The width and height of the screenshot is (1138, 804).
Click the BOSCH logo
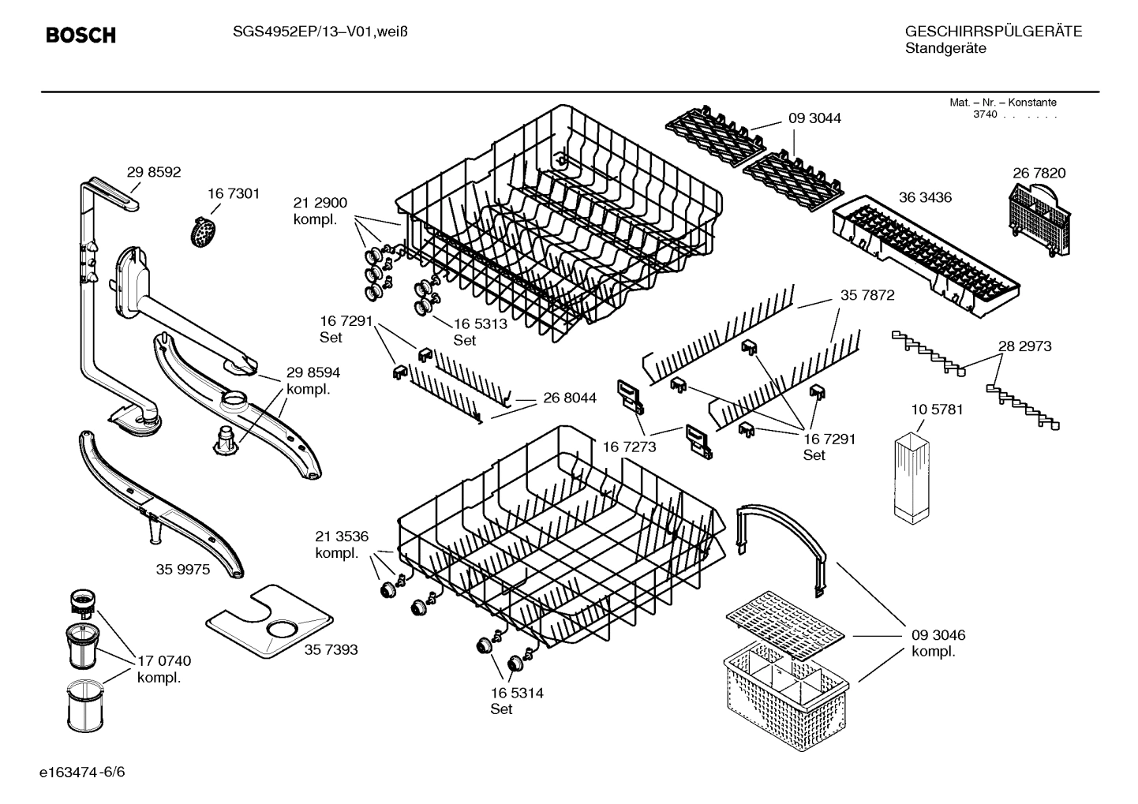80,36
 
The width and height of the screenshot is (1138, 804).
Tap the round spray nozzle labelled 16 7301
204,231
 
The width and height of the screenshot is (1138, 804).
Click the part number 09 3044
814,118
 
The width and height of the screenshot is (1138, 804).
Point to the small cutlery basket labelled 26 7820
1041,221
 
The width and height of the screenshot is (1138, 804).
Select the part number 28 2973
1024,346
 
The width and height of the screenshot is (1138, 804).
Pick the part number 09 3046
938,635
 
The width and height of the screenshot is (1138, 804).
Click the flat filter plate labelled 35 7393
268,622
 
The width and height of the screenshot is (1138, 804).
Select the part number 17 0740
164,661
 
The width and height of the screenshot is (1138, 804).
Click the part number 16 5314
517,694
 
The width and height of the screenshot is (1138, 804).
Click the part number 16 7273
629,447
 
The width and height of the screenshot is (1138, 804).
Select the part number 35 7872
867,296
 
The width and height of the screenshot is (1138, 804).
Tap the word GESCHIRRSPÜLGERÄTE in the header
993,32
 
